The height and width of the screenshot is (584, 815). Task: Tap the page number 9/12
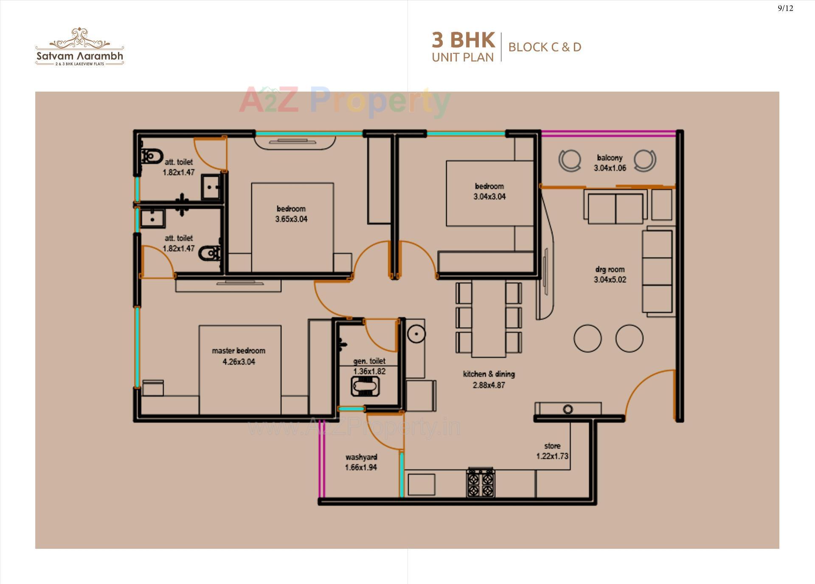785,8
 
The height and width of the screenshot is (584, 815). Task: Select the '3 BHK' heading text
463,40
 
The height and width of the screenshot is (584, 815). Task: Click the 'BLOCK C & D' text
545,47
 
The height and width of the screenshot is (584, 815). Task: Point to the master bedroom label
239,351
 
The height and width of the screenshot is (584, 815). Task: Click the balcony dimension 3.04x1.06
610,168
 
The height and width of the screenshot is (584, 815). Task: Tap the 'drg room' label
610,269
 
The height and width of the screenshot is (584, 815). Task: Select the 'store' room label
552,446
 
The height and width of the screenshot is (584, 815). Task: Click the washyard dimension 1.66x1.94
361,467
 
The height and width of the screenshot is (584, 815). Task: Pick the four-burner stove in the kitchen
481,483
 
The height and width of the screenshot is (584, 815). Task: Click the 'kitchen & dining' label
489,374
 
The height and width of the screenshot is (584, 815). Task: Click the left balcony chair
569,161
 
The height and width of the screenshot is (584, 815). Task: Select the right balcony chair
645,161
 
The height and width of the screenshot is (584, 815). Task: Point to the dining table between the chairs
489,318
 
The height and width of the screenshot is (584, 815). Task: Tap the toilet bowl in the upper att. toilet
152,156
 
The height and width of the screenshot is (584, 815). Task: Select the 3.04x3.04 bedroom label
489,186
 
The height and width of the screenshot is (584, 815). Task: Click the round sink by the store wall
568,409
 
